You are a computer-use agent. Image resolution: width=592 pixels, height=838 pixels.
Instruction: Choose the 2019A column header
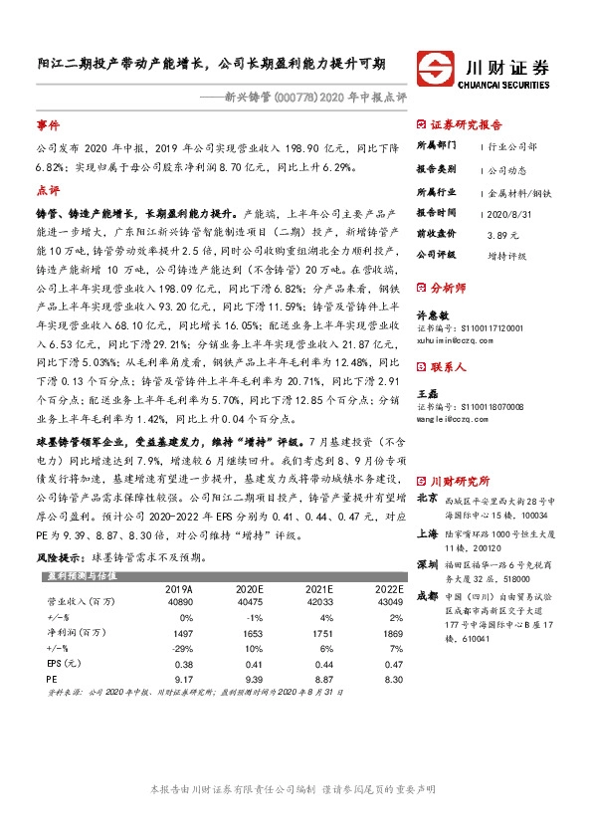tap(179, 589)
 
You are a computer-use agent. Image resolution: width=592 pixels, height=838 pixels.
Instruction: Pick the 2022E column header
tap(390, 589)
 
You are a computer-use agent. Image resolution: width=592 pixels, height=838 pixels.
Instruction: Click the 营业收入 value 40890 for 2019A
tap(179, 602)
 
